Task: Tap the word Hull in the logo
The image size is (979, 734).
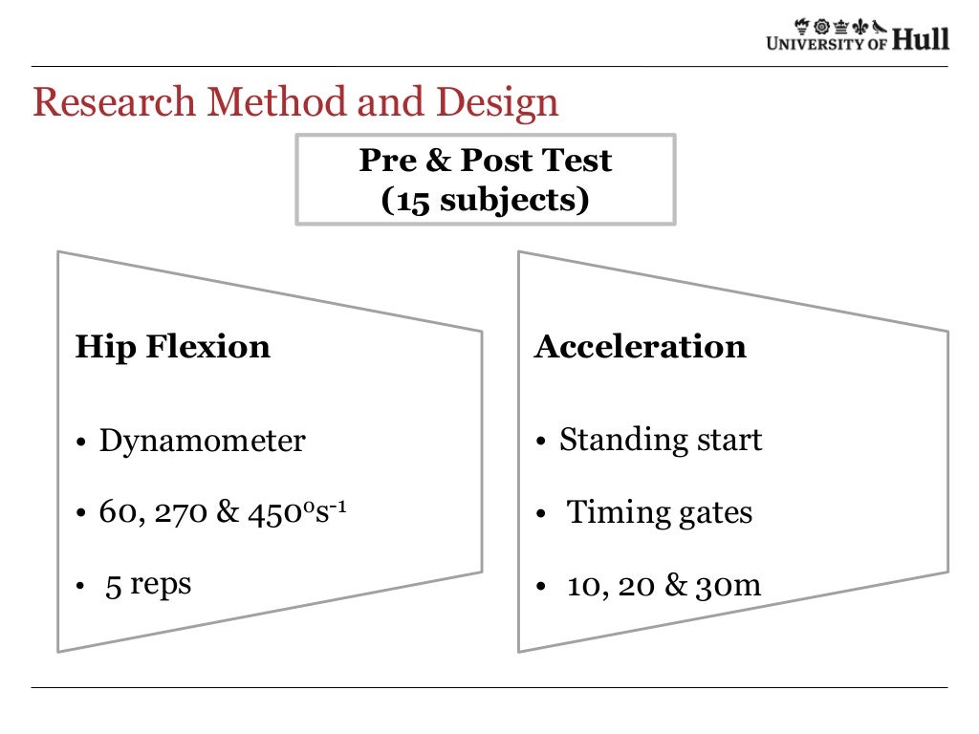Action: tap(921, 40)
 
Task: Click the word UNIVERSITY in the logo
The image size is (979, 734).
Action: tap(815, 42)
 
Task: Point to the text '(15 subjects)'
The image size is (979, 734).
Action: tap(485, 201)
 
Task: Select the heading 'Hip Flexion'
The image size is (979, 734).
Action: tap(172, 346)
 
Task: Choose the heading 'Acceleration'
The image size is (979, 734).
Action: tap(640, 346)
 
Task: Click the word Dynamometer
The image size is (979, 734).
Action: tap(203, 441)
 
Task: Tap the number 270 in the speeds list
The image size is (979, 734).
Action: tap(181, 512)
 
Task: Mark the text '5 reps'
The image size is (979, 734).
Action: tap(148, 583)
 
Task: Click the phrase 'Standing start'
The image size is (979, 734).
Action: tap(661, 440)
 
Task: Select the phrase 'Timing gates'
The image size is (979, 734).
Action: tap(660, 512)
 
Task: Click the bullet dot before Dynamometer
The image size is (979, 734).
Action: tap(82, 443)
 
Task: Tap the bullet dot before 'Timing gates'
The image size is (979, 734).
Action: tap(541, 515)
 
